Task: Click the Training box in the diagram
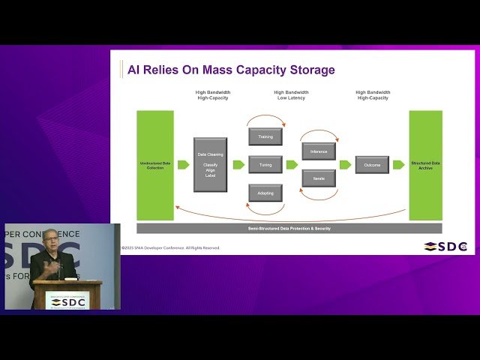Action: [265, 136]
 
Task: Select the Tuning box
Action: [265, 165]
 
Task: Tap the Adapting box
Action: [265, 193]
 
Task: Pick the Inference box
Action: [319, 151]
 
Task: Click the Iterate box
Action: [319, 178]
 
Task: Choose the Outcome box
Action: [372, 165]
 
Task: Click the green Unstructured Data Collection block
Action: [155, 165]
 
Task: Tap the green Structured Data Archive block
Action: [426, 165]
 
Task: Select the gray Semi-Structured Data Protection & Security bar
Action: [289, 228]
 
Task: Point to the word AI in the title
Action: [133, 70]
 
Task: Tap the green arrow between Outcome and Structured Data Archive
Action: [399, 165]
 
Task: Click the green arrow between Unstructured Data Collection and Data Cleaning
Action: [183, 165]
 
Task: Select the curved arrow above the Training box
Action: [265, 121]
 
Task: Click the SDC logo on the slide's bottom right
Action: [445, 247]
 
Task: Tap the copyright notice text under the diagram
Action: [171, 247]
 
